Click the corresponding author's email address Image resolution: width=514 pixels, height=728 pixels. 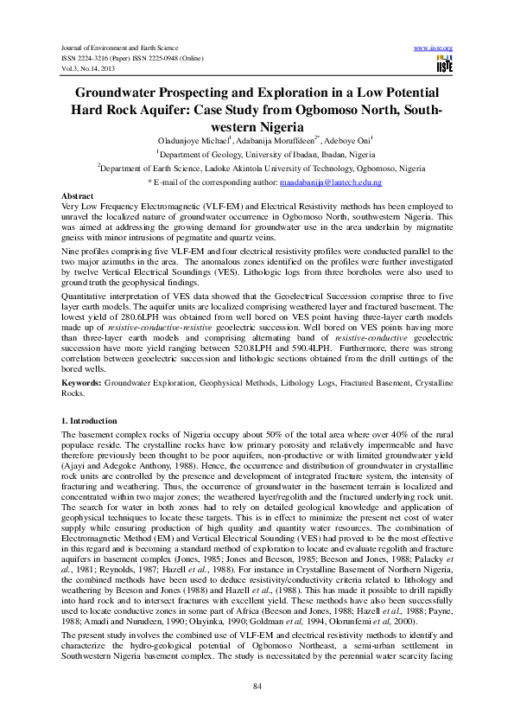coord(332,183)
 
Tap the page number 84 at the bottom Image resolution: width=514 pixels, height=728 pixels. coord(257,686)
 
